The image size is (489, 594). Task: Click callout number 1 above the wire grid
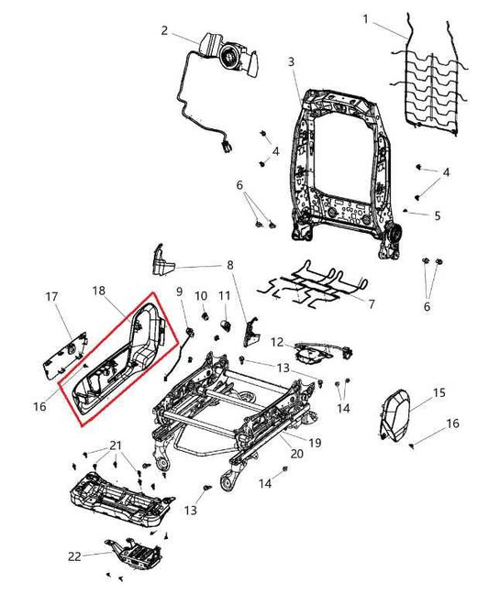[366, 19]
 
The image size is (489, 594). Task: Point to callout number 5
[438, 216]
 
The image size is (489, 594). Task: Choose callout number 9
[180, 292]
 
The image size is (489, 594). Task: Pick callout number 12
[276, 341]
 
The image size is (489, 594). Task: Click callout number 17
[52, 296]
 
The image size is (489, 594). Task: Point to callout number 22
[74, 555]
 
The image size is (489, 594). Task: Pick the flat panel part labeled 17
[63, 348]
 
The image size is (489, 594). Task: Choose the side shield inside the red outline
[119, 367]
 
